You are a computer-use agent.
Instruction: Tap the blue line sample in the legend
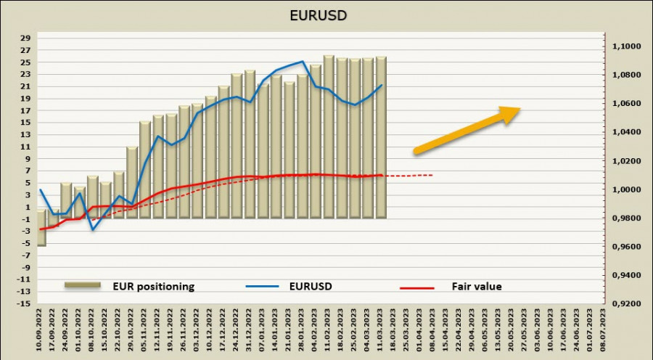pos(263,287)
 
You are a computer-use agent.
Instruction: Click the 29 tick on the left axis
pos(25,38)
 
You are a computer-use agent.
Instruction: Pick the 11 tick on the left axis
pos(25,147)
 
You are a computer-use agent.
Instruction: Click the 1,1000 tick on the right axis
pos(626,46)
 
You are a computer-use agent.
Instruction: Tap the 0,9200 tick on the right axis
pos(626,304)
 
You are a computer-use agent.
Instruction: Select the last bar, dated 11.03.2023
pos(381,138)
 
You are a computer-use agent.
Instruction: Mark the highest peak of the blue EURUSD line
pos(302,62)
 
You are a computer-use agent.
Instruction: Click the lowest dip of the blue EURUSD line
pos(93,229)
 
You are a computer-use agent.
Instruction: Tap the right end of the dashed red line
pos(433,175)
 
